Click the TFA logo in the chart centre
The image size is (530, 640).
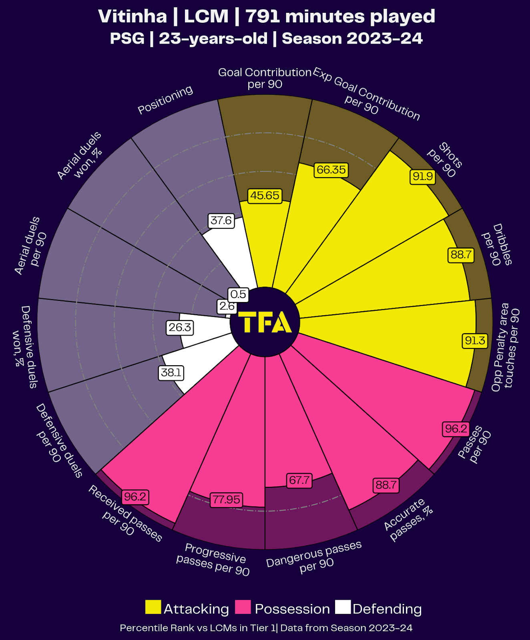click(265, 322)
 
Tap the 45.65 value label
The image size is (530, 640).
click(265, 196)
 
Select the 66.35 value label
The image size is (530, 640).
click(331, 170)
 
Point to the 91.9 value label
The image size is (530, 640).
click(423, 176)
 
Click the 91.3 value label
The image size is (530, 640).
click(475, 341)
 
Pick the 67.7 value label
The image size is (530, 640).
click(299, 480)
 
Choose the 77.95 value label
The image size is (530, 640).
click(227, 500)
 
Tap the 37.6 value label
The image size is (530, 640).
click(221, 221)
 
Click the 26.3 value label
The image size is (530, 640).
click(180, 328)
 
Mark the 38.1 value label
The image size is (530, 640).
click(171, 373)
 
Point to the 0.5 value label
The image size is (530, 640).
click(238, 295)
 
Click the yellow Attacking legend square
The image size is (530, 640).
click(153, 607)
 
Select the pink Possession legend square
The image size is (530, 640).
click(243, 607)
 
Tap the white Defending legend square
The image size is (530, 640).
click(343, 607)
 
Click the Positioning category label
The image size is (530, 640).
click(165, 100)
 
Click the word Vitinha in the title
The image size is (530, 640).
click(132, 17)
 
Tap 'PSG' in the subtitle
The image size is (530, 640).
click(127, 39)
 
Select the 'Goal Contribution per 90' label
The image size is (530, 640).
click(265, 78)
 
